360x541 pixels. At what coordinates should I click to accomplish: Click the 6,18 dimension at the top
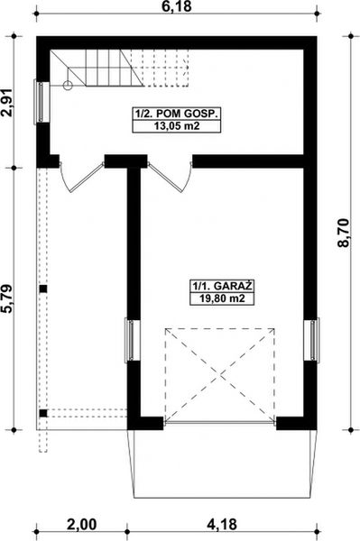pyautogui.click(x=179, y=7)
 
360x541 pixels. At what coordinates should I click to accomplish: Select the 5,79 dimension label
pyautogui.click(x=9, y=298)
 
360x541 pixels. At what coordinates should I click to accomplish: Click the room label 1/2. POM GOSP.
pyautogui.click(x=177, y=115)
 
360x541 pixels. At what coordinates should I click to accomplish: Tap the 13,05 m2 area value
pyautogui.click(x=177, y=127)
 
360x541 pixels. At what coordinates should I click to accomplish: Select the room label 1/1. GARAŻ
pyautogui.click(x=221, y=288)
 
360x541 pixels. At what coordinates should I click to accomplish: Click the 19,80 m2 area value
pyautogui.click(x=221, y=300)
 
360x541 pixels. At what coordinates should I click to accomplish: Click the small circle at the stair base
pyautogui.click(x=68, y=86)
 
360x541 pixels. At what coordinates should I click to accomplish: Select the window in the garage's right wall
pyautogui.click(x=315, y=340)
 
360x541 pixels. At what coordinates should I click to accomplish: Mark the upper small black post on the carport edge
pyautogui.click(x=42, y=289)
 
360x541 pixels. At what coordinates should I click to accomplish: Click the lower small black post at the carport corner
pyautogui.click(x=42, y=413)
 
